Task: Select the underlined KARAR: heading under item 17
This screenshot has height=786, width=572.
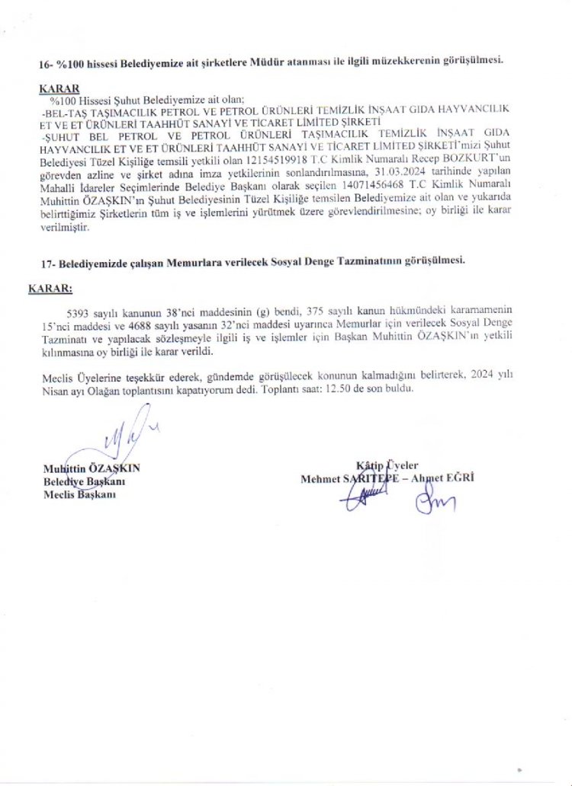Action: click(50, 289)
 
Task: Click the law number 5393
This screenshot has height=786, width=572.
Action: click(80, 311)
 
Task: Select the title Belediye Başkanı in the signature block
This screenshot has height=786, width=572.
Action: click(84, 482)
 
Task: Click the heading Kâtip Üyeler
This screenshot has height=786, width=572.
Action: click(387, 466)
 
